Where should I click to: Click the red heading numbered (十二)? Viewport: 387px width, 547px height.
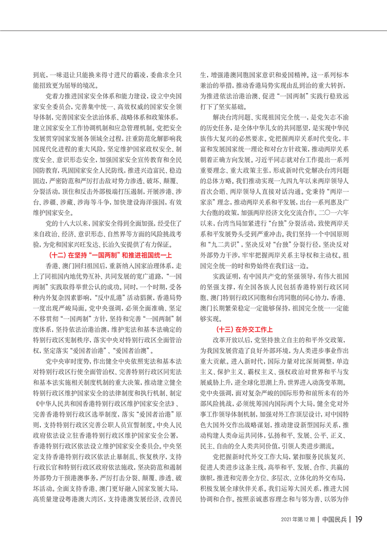click(x=111, y=255)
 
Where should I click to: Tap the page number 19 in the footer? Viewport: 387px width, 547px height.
click(x=358, y=532)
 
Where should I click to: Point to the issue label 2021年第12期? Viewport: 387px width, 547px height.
click(x=297, y=532)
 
